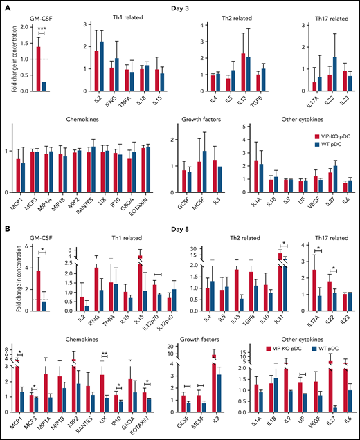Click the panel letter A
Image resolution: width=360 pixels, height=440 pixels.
pos(6,6)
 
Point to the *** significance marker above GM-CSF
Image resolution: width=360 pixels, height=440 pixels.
pos(42,28)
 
